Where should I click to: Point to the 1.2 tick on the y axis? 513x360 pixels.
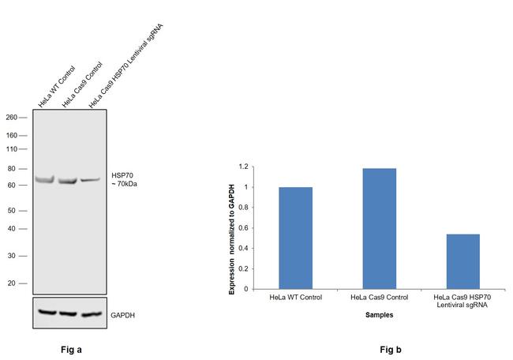point(245,167)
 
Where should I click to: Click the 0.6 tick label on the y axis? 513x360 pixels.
point(245,228)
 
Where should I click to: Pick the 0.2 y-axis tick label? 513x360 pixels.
point(245,269)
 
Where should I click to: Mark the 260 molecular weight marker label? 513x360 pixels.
point(12,117)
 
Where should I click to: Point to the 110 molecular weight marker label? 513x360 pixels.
point(12,148)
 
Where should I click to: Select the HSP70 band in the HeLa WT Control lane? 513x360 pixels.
point(46,180)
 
